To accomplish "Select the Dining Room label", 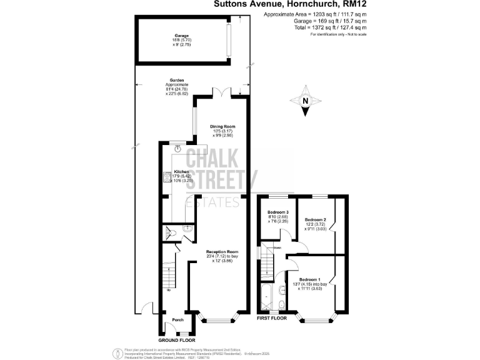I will click(x=222, y=127).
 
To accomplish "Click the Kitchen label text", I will click(x=181, y=171).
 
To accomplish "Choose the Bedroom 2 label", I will click(x=316, y=219).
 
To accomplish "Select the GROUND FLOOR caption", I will click(x=172, y=340).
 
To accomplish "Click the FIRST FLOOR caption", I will click(x=272, y=318).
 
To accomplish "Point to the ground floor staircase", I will click(x=170, y=275).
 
